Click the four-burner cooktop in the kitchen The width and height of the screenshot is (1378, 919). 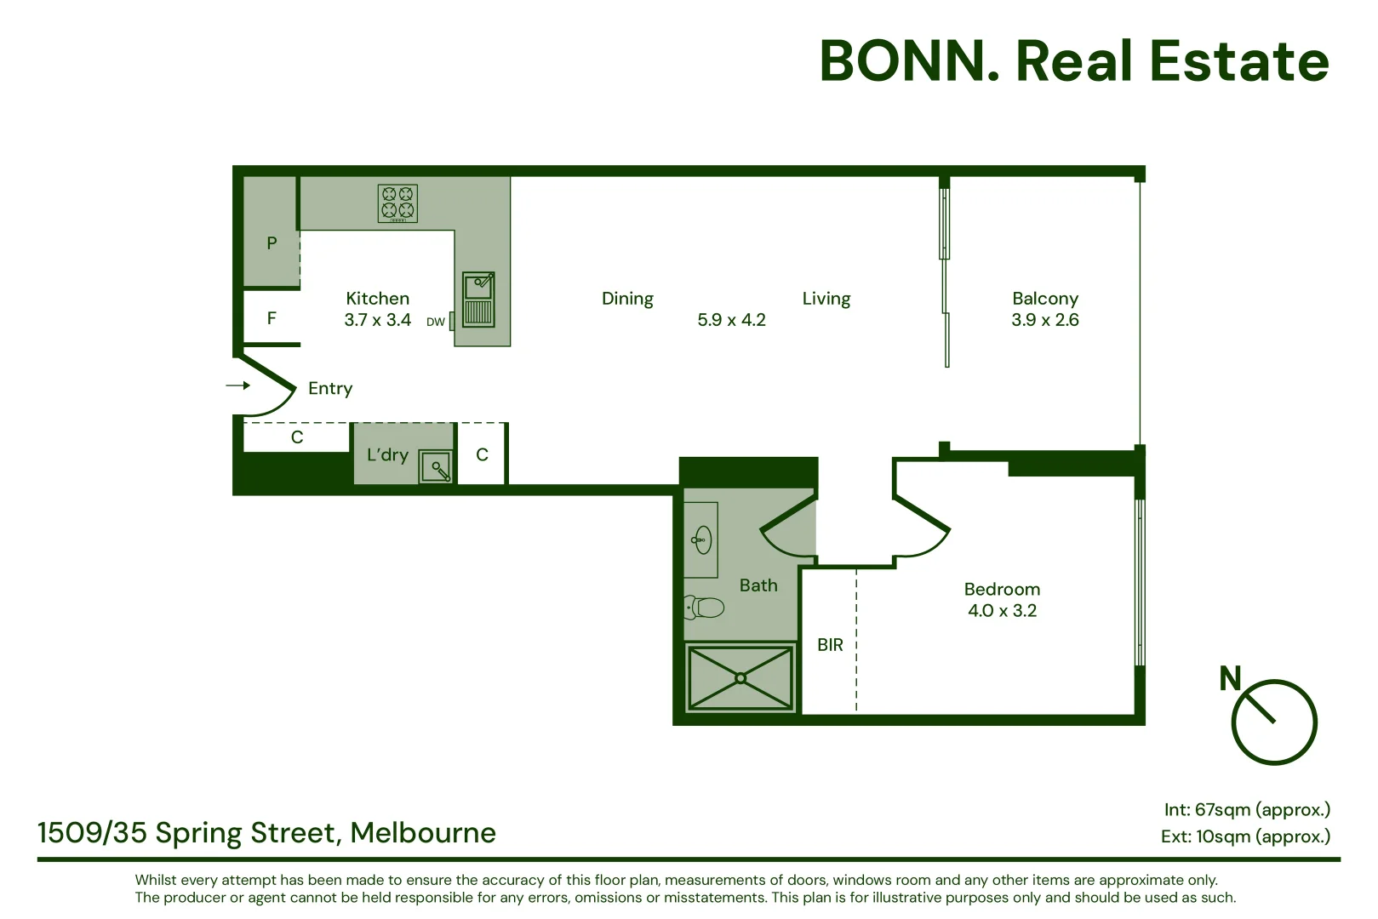tap(397, 203)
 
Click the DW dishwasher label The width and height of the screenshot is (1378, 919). tap(435, 322)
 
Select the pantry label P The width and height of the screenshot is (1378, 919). tap(272, 243)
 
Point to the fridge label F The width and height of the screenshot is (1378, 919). tap(272, 318)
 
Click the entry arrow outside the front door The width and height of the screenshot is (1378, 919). tap(237, 385)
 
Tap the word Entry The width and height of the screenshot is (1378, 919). tap(330, 389)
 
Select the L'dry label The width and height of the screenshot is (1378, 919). tap(387, 455)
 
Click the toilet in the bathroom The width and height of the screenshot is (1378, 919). tap(705, 608)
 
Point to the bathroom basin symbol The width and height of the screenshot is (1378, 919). tap(702, 539)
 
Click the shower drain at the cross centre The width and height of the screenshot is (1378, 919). tap(740, 678)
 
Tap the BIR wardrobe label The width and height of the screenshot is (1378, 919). tap(830, 645)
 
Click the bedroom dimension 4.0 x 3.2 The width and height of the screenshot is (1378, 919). tap(1002, 611)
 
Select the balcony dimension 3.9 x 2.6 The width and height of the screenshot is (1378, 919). tap(1044, 320)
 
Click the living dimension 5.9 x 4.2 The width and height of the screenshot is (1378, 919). tap(731, 320)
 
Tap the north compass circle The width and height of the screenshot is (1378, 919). tap(1273, 722)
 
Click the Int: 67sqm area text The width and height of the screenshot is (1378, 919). tap(1246, 809)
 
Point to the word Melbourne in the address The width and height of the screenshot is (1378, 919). tap(423, 832)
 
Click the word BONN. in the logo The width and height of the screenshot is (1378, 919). tap(909, 61)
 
